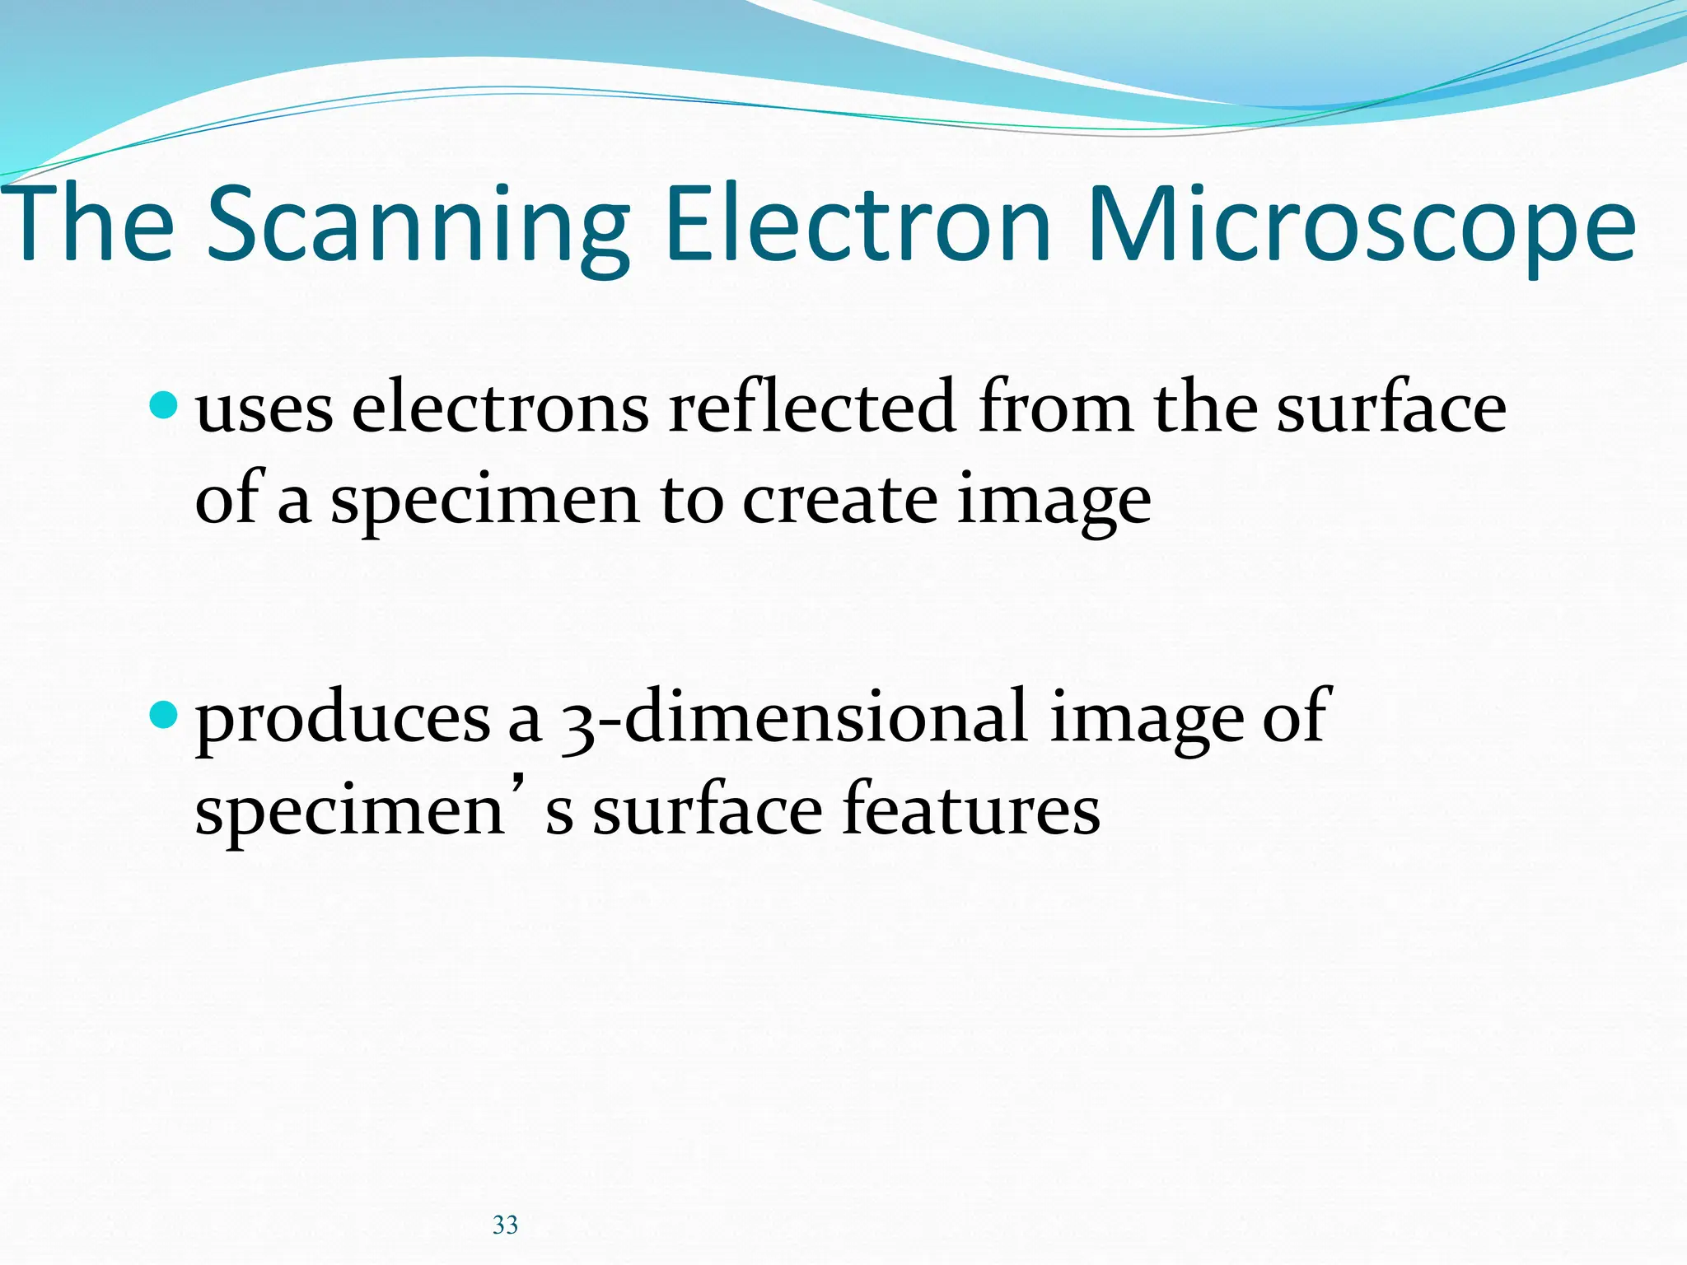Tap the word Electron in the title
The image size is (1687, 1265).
(x=858, y=225)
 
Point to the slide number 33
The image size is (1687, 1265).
(x=505, y=1225)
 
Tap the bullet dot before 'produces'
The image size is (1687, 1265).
(x=165, y=715)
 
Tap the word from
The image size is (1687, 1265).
(x=1054, y=407)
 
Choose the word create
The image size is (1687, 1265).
(x=839, y=500)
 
